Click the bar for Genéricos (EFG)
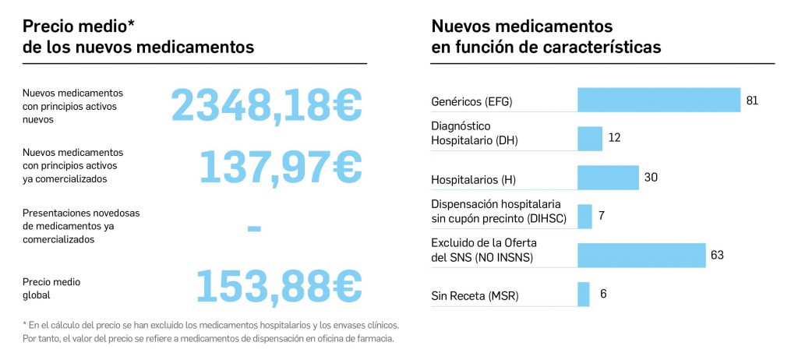click(659, 100)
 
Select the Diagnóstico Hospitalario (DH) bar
click(590, 139)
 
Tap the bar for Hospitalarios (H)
click(608, 178)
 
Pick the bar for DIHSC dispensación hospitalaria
click(584, 217)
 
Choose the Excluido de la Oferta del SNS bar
click(641, 256)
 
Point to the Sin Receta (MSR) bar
click(584, 295)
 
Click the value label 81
click(752, 101)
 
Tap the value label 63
click(718, 256)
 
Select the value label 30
click(651, 178)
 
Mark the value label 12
click(614, 138)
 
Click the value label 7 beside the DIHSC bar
click(602, 216)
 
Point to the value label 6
click(603, 294)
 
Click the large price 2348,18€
click(267, 105)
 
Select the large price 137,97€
click(281, 165)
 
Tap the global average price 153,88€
click(278, 286)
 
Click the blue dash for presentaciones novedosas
click(253, 229)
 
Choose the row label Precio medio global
click(51, 288)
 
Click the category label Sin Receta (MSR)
click(475, 296)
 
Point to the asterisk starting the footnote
click(26, 324)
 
